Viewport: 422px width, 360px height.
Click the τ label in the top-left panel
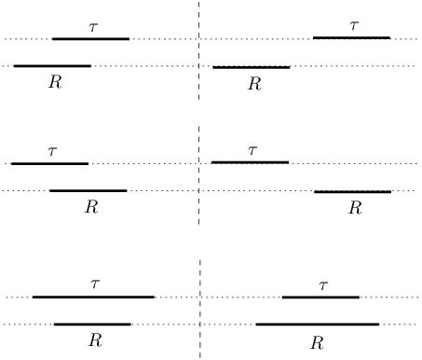pos(93,28)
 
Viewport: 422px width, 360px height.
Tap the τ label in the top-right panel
pos(353,26)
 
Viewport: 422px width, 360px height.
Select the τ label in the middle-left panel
pos(52,150)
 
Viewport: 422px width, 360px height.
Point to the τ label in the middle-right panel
pos(252,149)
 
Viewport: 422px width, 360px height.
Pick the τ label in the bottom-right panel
pos(323,285)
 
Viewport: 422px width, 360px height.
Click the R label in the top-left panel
pos(55,82)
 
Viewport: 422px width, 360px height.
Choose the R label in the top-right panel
pos(253,84)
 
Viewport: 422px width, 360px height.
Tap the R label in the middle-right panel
pos(354,208)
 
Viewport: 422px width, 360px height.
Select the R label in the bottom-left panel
pos(94,340)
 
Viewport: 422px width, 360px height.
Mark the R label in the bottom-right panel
pos(317,342)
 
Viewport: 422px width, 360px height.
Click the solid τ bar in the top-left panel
pos(90,39)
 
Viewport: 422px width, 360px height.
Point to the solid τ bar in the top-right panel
pos(351,38)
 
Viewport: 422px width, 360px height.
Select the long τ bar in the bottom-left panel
pos(93,298)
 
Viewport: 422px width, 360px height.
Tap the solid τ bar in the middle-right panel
pos(250,162)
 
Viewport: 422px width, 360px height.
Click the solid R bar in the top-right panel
pos(252,67)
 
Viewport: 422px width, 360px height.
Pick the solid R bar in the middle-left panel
pos(88,190)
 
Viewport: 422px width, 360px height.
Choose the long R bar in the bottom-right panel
pos(318,325)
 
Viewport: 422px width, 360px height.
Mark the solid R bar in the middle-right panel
pos(352,191)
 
